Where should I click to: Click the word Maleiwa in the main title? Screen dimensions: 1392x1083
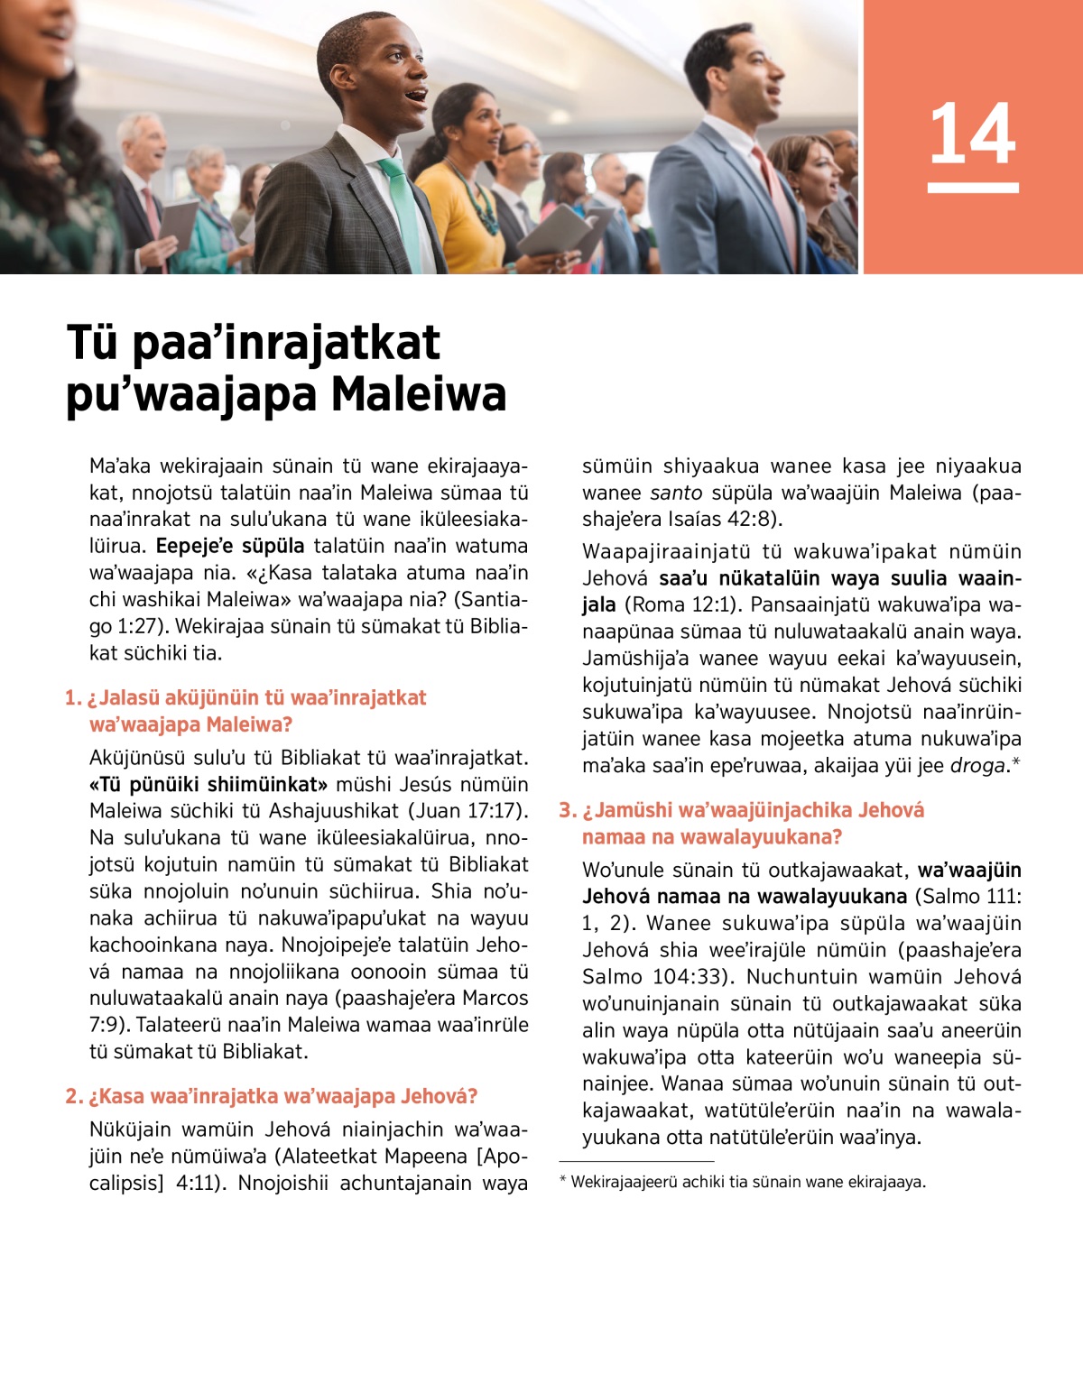pos(419,394)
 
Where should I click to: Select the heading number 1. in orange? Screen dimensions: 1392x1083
pos(73,697)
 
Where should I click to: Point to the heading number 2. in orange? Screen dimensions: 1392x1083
pos(74,1096)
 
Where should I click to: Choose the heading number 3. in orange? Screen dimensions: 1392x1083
pos(567,810)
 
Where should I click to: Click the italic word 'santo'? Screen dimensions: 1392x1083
pos(676,493)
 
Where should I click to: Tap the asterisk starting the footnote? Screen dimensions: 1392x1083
pos(563,1181)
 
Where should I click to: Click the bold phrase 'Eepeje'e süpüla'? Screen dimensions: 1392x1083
pos(230,546)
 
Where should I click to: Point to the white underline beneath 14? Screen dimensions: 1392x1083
pos(973,188)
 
